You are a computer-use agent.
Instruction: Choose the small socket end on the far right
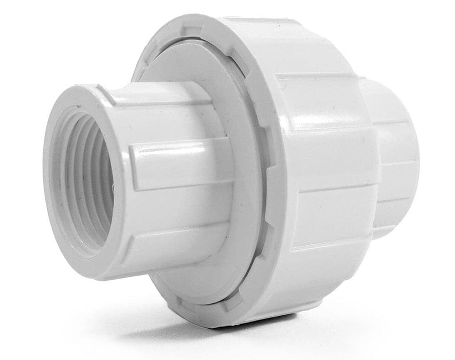pos(396,154)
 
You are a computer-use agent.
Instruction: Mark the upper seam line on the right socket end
pos(393,123)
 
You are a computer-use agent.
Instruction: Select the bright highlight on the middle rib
pos(170,152)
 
